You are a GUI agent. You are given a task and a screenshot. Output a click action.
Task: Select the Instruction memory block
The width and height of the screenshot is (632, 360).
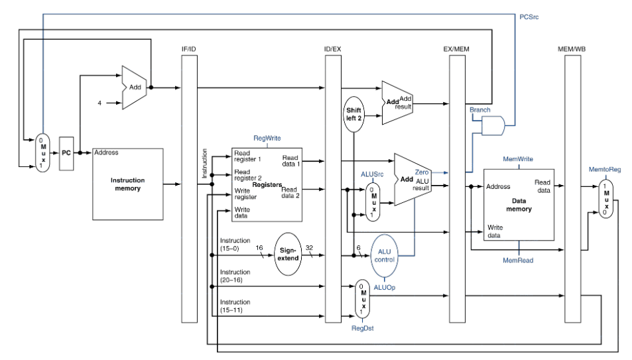point(127,184)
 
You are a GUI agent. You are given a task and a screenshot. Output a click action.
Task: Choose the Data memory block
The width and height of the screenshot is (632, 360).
point(518,204)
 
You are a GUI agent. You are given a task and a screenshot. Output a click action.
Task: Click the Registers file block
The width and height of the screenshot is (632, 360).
point(266,184)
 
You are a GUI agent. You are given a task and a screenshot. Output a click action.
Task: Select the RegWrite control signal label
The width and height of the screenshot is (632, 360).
point(267,139)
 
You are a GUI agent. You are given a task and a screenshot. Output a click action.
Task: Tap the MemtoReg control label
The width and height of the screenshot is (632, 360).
point(604,170)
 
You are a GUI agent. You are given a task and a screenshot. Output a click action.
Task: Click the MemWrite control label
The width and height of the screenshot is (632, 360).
point(519,159)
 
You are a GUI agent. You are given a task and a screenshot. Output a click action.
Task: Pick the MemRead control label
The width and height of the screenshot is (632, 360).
point(517,261)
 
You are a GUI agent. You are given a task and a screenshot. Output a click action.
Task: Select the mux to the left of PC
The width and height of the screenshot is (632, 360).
point(42,152)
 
